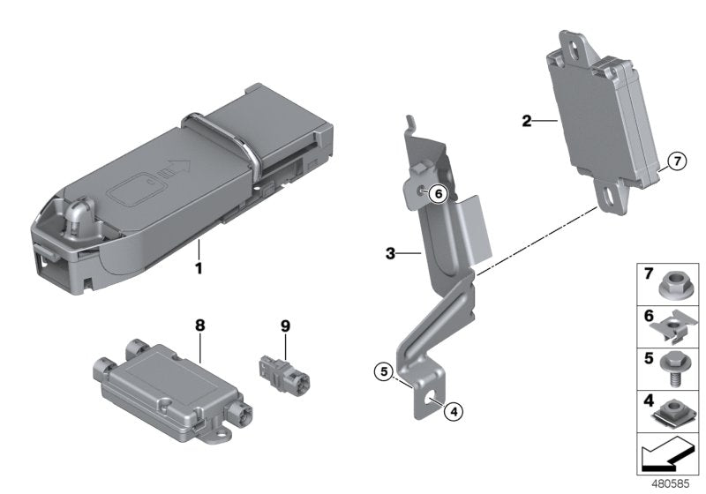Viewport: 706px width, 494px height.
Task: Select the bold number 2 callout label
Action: tap(526, 120)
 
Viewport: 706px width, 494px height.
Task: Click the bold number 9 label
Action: tap(285, 326)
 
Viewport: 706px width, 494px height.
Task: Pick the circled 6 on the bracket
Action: tap(439, 193)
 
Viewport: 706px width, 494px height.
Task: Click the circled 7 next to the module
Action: tap(675, 161)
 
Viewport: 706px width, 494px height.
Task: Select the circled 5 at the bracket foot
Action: tap(381, 371)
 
